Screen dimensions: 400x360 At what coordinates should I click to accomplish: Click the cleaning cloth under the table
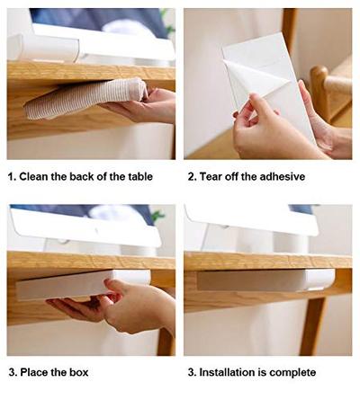coord(81,100)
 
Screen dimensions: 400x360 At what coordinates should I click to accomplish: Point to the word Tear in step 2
coord(212,176)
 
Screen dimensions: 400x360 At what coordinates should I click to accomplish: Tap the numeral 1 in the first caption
coord(11,176)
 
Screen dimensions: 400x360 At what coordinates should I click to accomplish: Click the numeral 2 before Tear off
coord(191,176)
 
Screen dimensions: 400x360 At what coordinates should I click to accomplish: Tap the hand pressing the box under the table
coord(135,306)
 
